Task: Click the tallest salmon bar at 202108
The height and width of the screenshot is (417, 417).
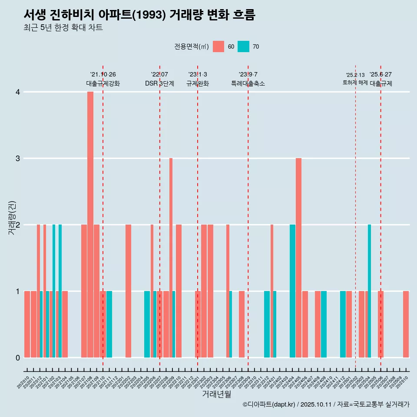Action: (90, 224)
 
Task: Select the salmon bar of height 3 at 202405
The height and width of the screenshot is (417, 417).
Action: (299, 258)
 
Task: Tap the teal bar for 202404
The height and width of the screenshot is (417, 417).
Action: (292, 291)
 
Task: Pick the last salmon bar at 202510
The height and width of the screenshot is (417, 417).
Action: (406, 324)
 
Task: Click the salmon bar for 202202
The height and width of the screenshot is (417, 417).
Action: (128, 291)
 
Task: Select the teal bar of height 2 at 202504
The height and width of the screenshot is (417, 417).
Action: (369, 291)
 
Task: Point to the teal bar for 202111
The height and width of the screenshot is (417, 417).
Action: (109, 324)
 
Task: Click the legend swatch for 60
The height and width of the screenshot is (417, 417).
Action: (218, 46)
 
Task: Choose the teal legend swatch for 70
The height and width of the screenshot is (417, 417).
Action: (243, 46)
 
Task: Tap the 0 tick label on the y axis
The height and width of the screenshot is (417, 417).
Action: (18, 357)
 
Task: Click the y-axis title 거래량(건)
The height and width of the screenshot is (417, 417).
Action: (12, 217)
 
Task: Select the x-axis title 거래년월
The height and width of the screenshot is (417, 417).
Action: (216, 394)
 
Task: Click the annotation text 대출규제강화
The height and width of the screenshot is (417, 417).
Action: (103, 83)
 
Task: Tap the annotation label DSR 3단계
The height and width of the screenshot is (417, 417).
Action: (159, 83)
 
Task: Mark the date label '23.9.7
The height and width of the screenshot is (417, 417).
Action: (248, 74)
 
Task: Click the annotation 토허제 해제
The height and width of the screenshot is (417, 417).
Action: (355, 82)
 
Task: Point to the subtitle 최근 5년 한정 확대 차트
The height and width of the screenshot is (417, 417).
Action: (63, 28)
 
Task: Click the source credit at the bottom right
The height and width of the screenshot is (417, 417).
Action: (326, 404)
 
